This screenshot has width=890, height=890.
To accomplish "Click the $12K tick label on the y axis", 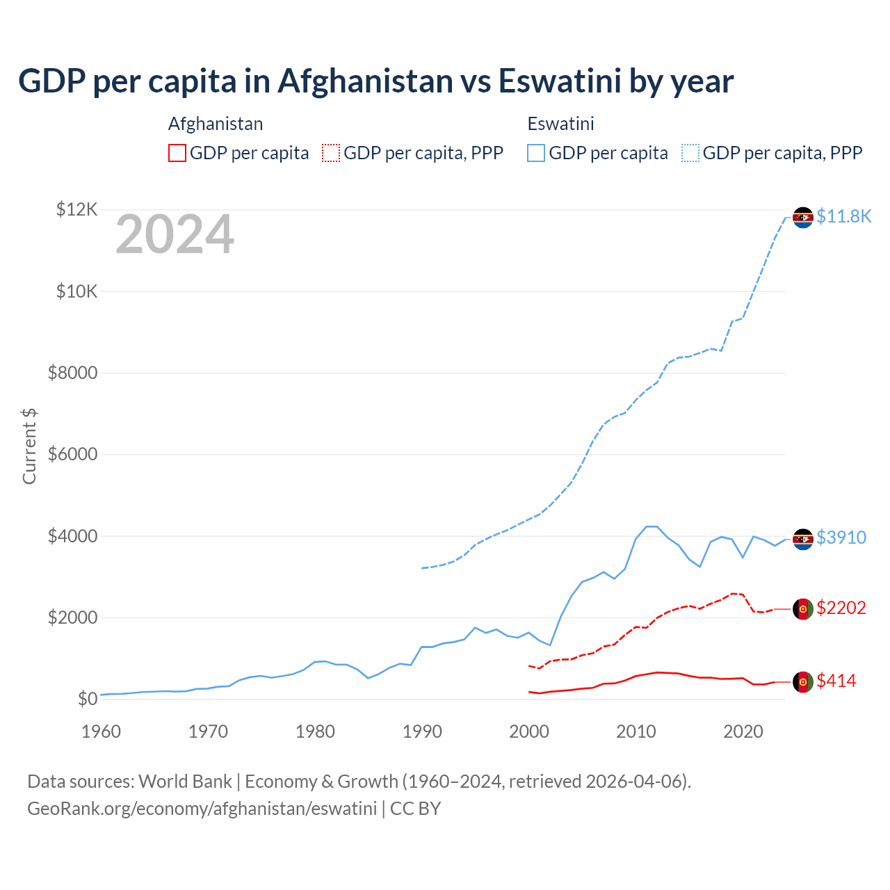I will coord(77,209).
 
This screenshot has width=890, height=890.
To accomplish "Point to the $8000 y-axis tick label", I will coord(73,373).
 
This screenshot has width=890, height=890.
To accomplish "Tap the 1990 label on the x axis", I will coord(422,731).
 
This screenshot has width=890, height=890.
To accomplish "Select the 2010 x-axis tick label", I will coord(636,731).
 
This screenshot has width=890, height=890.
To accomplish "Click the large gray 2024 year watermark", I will coord(175,235).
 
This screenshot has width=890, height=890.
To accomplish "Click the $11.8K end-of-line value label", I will coord(843,216).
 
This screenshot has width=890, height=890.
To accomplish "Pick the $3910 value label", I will coord(841,537).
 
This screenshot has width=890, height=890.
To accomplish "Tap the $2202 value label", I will coord(841,608).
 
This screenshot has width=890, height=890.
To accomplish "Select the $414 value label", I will coord(836,681).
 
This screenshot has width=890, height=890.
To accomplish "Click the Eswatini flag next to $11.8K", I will coord(803,218).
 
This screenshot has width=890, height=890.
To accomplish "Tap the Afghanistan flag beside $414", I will coord(803,682).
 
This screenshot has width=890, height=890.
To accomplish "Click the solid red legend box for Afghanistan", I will coord(177,153).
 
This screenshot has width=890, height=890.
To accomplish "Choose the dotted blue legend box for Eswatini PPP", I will coord(690,153).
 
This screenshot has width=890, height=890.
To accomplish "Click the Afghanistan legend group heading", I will coord(216,124).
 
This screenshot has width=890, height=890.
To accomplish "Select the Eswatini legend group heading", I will coord(560,124).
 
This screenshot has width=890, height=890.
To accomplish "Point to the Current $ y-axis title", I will coord(29,446).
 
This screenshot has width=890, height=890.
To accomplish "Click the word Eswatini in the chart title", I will coord(560,81).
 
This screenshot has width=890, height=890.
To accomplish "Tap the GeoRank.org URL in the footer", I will coord(202,809).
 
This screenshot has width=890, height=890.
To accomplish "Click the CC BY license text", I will coord(415,809).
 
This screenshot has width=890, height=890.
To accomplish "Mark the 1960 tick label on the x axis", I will coord(102,731).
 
